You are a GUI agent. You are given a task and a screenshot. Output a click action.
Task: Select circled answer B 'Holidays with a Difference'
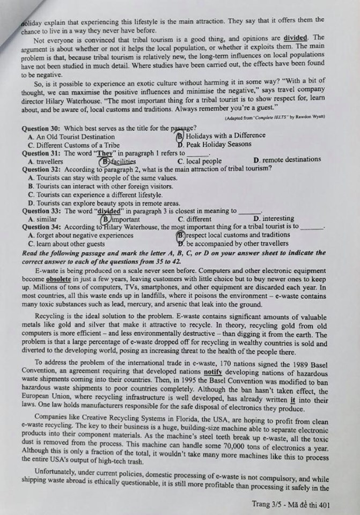tap(217, 136)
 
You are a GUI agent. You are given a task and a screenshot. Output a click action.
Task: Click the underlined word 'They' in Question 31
tap(109, 153)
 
